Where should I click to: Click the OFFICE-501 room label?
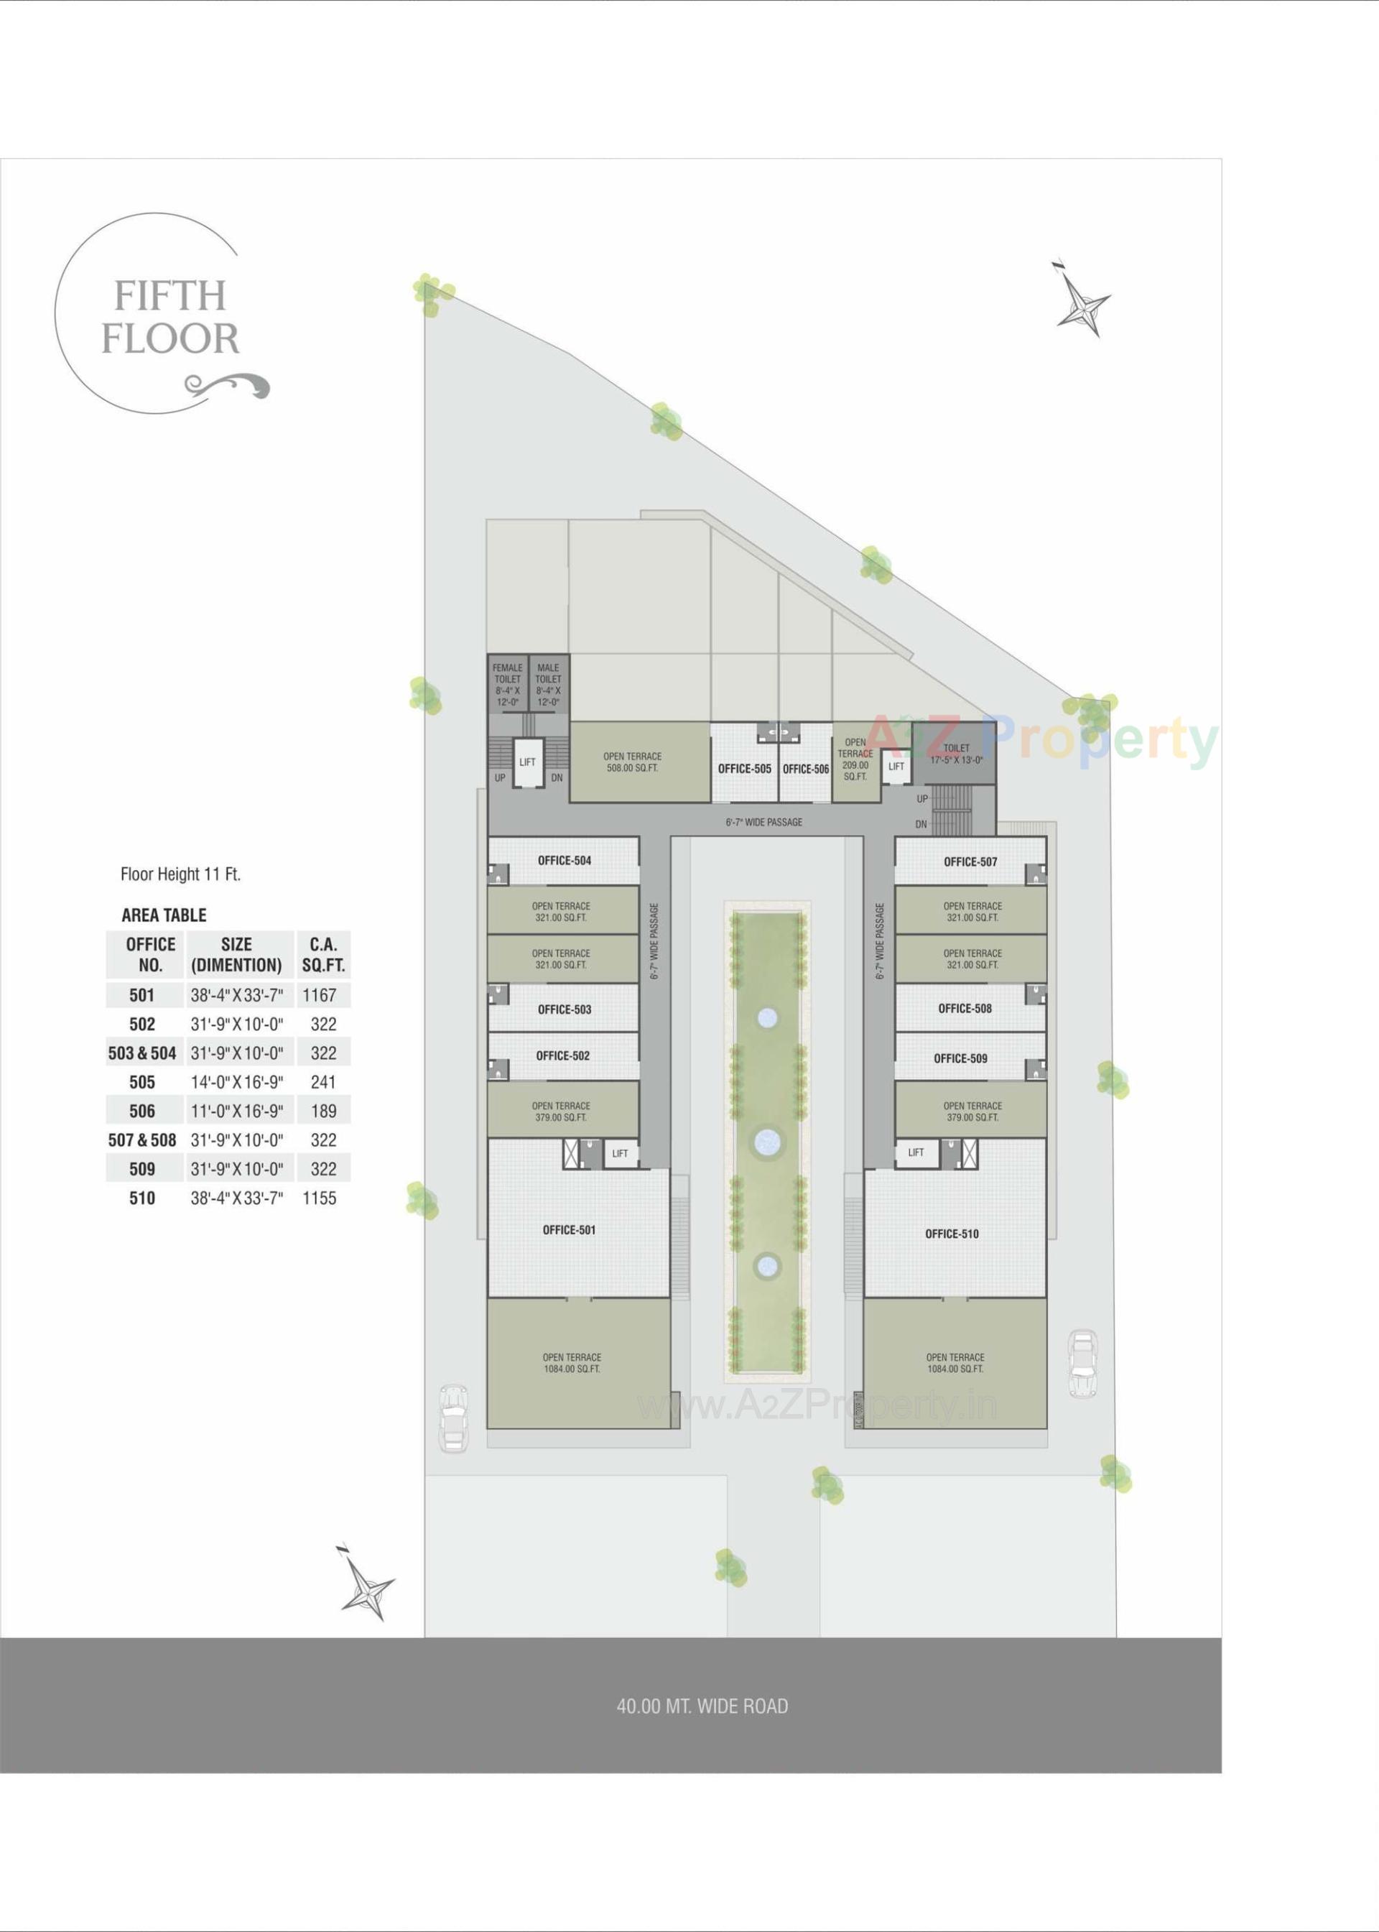(x=569, y=1230)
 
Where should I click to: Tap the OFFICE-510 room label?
(x=951, y=1234)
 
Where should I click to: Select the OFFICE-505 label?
(x=744, y=769)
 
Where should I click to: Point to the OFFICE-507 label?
(x=970, y=861)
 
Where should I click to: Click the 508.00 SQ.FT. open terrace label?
(x=632, y=762)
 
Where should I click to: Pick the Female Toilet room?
(x=508, y=685)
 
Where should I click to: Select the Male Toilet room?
(x=548, y=685)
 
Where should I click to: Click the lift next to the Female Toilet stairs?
(x=527, y=762)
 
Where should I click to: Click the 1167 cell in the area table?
(x=320, y=995)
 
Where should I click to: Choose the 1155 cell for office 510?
(x=320, y=1198)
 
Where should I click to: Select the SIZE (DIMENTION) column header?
(x=236, y=955)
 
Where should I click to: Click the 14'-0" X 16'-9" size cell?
(x=236, y=1082)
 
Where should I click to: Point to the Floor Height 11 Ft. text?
(x=181, y=874)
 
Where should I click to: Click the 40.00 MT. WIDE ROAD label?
(x=702, y=1706)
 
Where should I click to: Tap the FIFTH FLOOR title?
(x=172, y=318)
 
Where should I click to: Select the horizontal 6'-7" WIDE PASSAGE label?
(x=763, y=822)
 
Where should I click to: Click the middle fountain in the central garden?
(x=767, y=1140)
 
